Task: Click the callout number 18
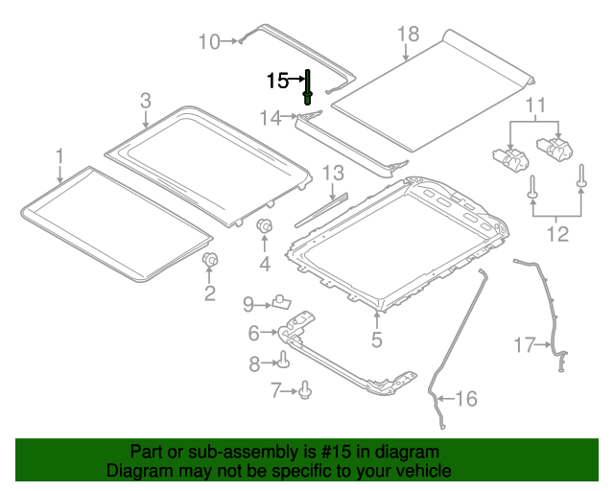point(409,35)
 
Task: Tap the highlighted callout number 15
point(276,81)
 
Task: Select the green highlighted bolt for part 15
point(308,85)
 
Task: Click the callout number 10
point(208,40)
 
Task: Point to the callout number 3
point(145,100)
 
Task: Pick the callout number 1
point(59,154)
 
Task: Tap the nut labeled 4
point(265,226)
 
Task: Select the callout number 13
point(332,174)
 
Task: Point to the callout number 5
point(377,339)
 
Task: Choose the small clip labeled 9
point(281,302)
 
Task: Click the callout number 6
point(254,334)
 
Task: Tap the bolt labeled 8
point(284,362)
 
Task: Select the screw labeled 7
point(305,388)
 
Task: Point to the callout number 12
point(556,234)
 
